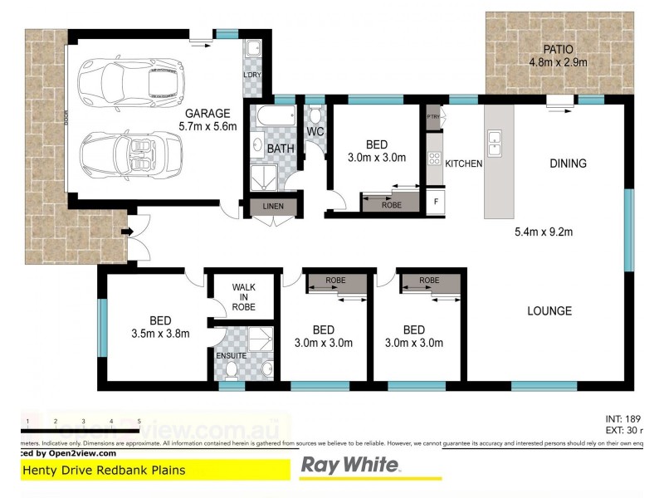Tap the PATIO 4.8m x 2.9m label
pos(558,56)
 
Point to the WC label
pos(315,132)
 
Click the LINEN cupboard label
pos(272,206)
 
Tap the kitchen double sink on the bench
pos(496,143)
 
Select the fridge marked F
pos(436,202)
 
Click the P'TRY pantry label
pos(433,117)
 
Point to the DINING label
pos(568,164)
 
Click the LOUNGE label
pos(549,311)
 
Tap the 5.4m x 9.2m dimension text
pos(544,232)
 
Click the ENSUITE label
pos(229,355)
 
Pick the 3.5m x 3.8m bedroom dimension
pos(161,334)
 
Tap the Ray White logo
pos(349,465)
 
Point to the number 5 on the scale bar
pos(139,422)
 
